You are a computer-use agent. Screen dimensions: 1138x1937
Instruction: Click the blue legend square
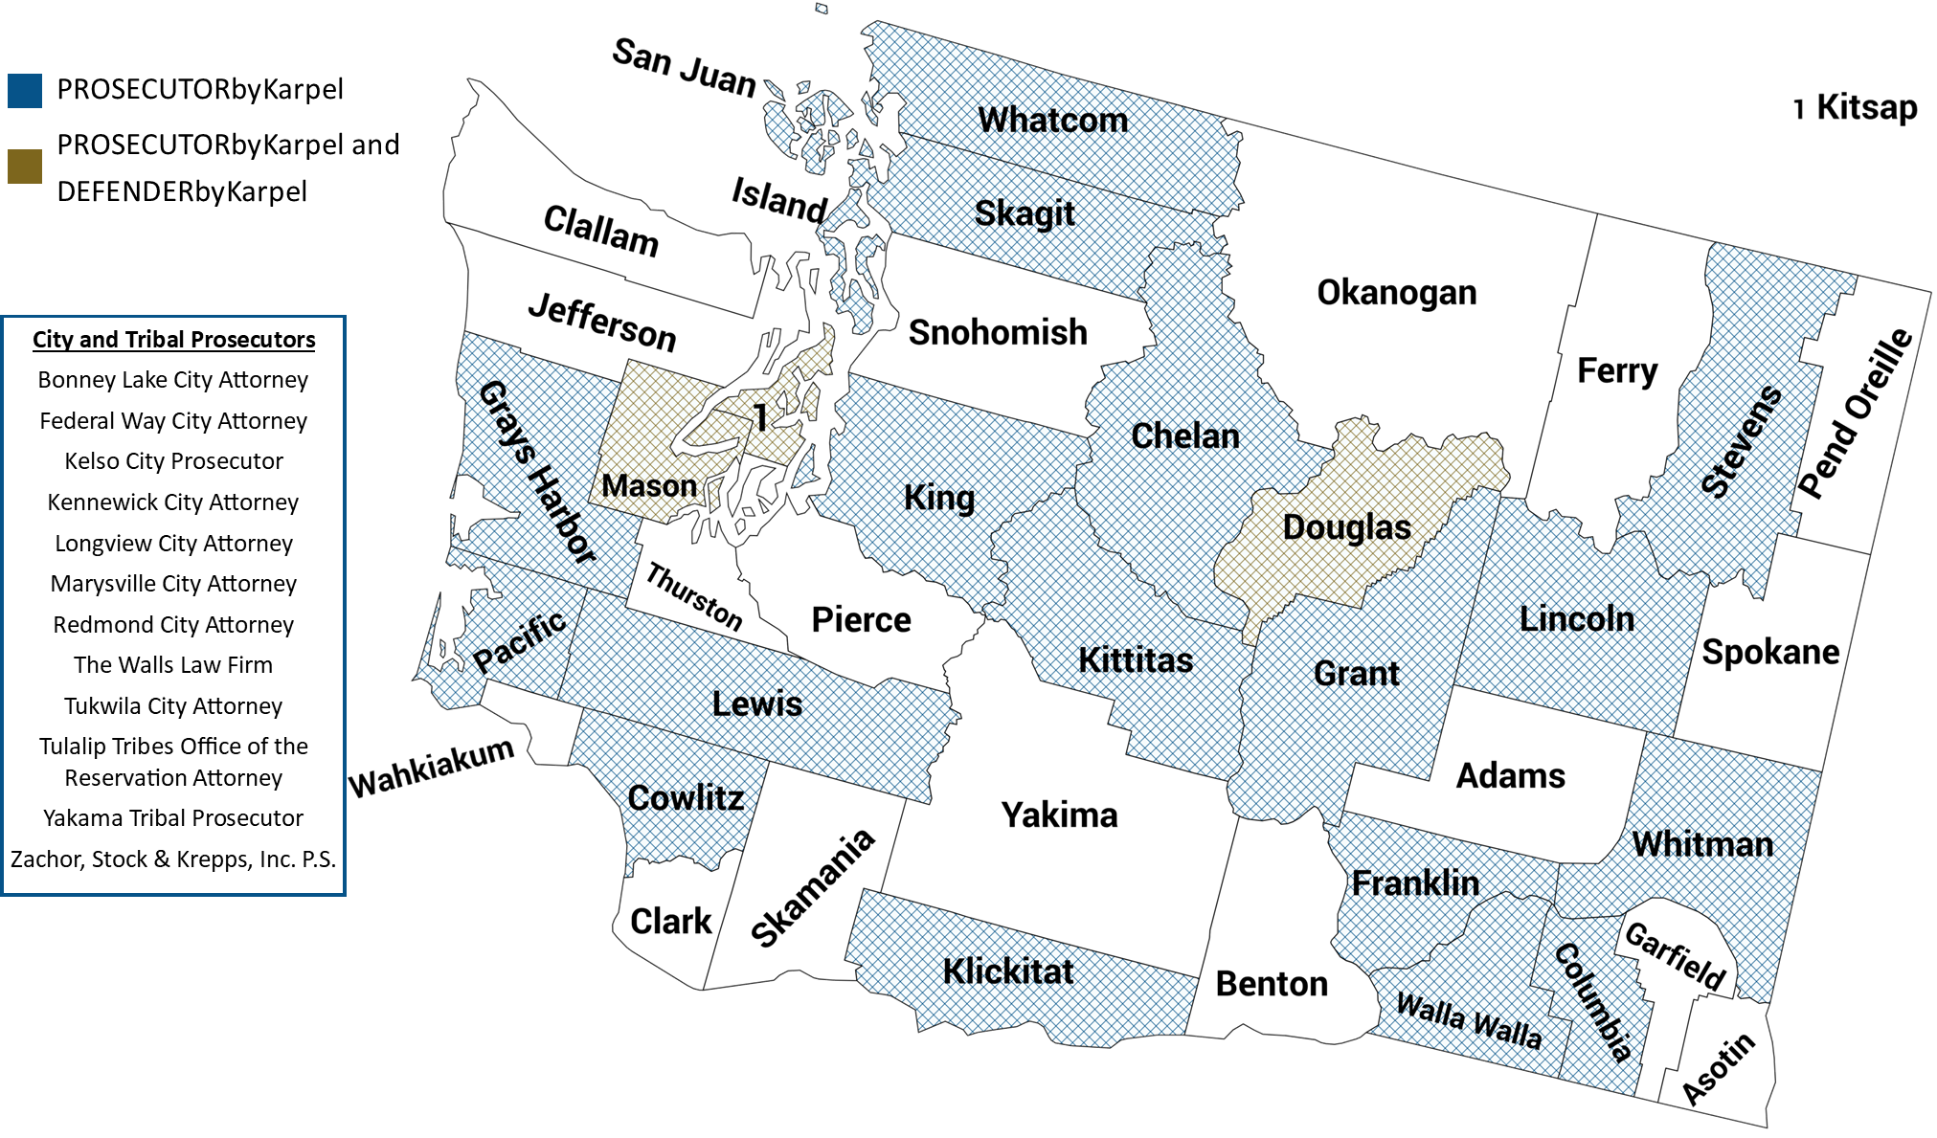(25, 91)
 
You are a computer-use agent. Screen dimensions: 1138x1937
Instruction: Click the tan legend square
(25, 166)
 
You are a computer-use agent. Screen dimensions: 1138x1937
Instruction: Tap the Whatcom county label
(1052, 121)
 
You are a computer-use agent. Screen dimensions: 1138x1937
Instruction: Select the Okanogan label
(1396, 293)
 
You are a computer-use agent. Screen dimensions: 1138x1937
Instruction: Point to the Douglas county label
(1346, 527)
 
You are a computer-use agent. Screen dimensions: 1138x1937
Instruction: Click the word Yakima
(1059, 815)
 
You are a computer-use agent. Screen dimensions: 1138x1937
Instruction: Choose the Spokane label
(1770, 653)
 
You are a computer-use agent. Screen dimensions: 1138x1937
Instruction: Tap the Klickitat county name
(1007, 971)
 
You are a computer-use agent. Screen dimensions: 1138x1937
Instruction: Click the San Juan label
(684, 67)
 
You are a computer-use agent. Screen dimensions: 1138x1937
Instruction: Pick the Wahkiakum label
(431, 770)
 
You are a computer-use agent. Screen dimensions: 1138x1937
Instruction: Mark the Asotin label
(1719, 1068)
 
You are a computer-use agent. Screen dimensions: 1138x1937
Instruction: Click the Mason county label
(648, 486)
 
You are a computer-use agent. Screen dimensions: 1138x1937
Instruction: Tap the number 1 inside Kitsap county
(760, 418)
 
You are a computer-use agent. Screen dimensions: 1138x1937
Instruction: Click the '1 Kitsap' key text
(1855, 107)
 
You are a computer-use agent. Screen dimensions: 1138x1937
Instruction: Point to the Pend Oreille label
(1855, 413)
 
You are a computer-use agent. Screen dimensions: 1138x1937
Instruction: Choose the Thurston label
(694, 597)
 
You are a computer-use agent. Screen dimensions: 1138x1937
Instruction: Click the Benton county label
(1272, 984)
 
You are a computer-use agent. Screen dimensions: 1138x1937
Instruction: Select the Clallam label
(600, 231)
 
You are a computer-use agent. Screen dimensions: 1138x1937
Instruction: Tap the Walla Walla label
(1469, 1021)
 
